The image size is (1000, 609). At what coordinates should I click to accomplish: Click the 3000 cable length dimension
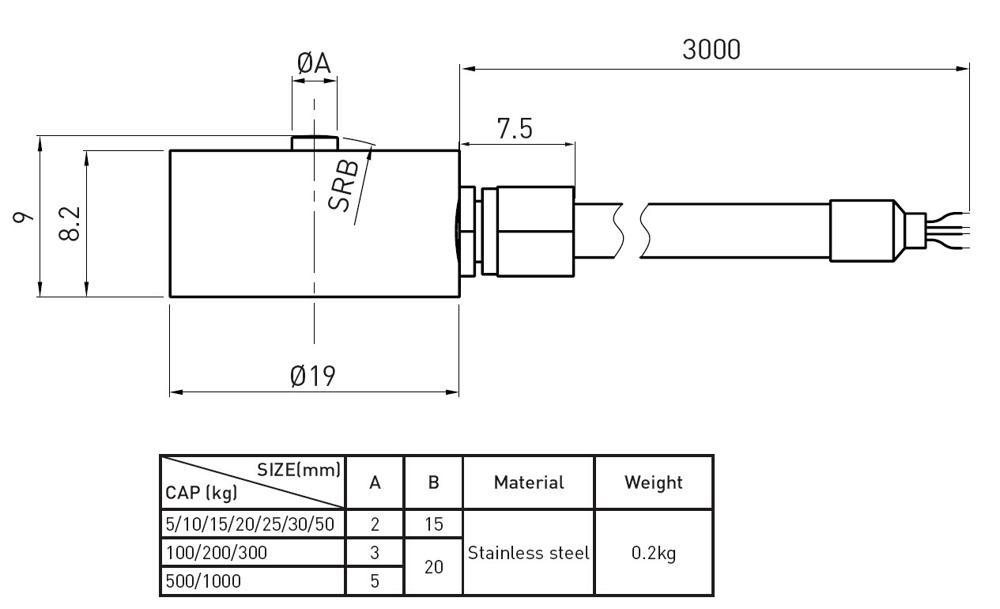711,49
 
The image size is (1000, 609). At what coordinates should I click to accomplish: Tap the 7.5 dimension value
515,129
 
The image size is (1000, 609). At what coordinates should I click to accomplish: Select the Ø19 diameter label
313,376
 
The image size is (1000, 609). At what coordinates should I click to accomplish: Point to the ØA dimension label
314,64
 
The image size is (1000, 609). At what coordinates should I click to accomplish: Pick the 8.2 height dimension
70,224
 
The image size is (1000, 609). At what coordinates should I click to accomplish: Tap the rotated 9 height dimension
23,217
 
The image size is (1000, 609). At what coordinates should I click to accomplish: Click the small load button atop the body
315,143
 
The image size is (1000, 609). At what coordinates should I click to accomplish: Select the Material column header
529,482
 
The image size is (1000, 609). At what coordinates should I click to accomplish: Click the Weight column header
654,482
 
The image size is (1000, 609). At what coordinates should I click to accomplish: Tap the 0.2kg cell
654,553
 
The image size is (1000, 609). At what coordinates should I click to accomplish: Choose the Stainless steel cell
529,553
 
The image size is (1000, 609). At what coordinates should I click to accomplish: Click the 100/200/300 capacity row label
217,553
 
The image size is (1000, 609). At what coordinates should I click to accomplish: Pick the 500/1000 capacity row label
203,581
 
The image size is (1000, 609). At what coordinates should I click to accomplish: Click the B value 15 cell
433,524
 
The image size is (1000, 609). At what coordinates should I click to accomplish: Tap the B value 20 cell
433,567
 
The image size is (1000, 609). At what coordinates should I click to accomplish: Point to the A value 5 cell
375,581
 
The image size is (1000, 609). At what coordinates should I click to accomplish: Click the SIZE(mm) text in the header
299,469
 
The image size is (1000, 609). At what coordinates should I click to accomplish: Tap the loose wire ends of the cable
949,229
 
